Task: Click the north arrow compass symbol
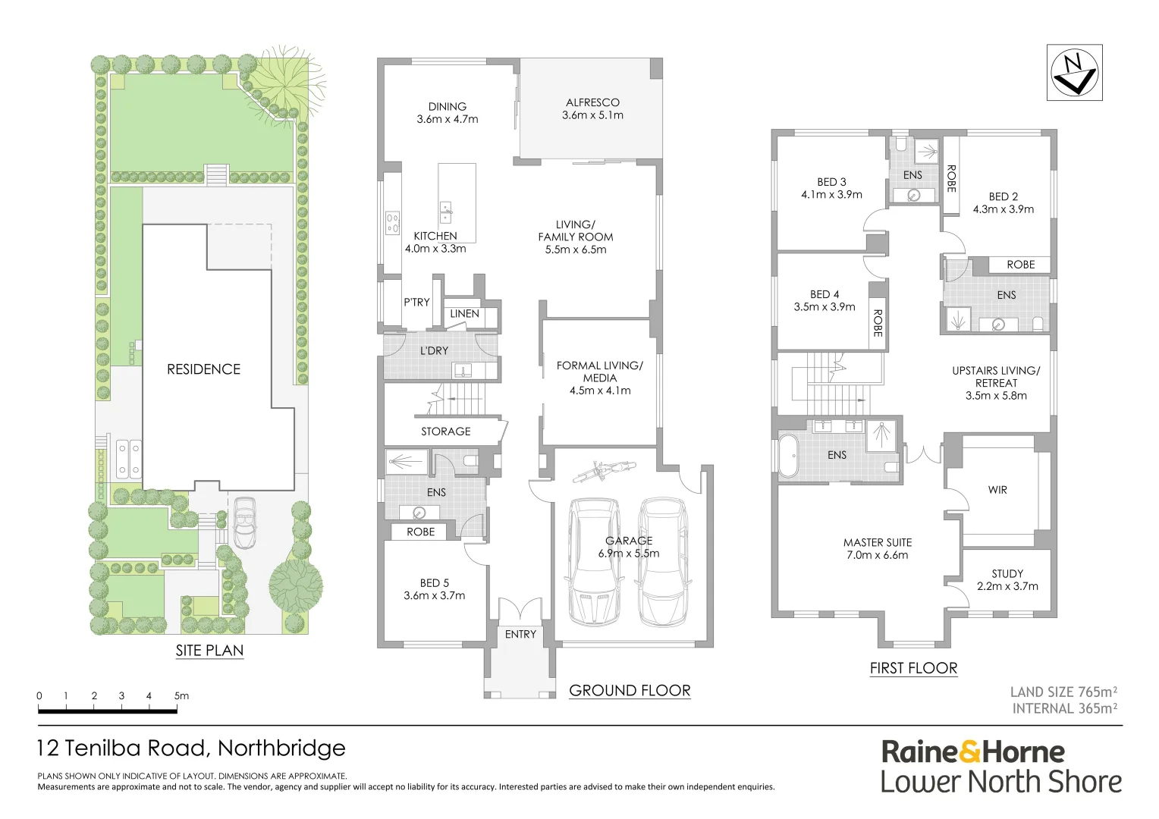pyautogui.click(x=1074, y=72)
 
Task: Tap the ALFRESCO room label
pyautogui.click(x=592, y=102)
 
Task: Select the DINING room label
pyautogui.click(x=447, y=107)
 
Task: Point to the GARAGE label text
pyautogui.click(x=629, y=541)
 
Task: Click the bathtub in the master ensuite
pyautogui.click(x=787, y=456)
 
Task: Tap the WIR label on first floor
pyautogui.click(x=997, y=490)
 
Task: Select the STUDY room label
pyautogui.click(x=1007, y=574)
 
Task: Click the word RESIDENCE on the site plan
pyautogui.click(x=203, y=369)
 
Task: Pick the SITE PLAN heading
pyautogui.click(x=209, y=651)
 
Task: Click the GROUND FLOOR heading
pyautogui.click(x=630, y=690)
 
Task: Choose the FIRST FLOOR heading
pyautogui.click(x=913, y=668)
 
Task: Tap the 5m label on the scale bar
pyautogui.click(x=181, y=695)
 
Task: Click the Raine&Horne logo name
pyautogui.click(x=972, y=752)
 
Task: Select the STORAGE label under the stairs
pyautogui.click(x=446, y=431)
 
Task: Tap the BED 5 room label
pyautogui.click(x=435, y=583)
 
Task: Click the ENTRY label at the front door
pyautogui.click(x=520, y=634)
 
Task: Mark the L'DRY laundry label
pyautogui.click(x=434, y=350)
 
